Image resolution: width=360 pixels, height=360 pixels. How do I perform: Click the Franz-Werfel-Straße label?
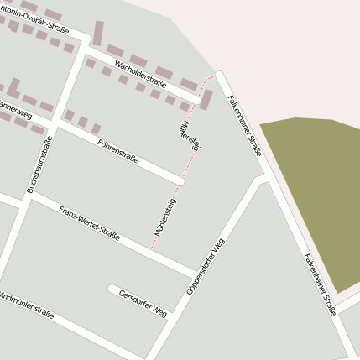pyautogui.click(x=89, y=223)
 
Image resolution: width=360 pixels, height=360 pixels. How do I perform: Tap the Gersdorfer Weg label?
pyautogui.click(x=143, y=303)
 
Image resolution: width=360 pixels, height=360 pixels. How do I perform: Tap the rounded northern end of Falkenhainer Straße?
pyautogui.click(x=221, y=76)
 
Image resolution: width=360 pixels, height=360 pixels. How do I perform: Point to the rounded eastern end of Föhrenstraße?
pyautogui.click(x=180, y=180)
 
